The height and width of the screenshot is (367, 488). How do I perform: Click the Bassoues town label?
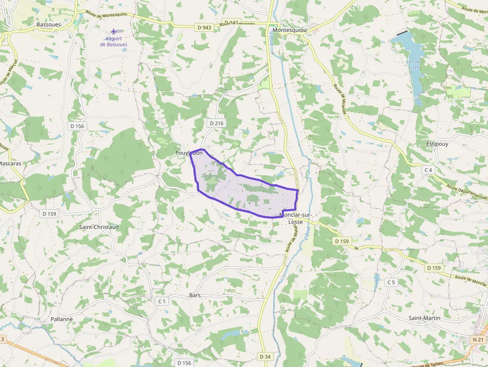(x=48, y=24)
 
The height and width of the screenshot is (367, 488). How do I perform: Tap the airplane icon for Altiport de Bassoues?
(x=114, y=31)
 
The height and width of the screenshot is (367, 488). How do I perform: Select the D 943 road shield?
(x=204, y=27)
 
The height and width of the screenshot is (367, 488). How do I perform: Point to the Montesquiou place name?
(x=290, y=30)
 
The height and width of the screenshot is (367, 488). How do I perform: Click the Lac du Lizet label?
(x=414, y=65)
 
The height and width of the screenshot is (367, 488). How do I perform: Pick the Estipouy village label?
(x=437, y=144)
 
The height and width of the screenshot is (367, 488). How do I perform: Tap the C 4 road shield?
(x=428, y=170)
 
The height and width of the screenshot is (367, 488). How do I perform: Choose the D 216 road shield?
(x=216, y=123)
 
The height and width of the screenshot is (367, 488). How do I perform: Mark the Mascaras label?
(x=10, y=163)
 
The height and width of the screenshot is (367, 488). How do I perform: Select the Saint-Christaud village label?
(x=99, y=227)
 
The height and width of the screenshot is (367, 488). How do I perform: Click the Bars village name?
(x=195, y=295)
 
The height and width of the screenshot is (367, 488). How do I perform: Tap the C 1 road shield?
(x=161, y=301)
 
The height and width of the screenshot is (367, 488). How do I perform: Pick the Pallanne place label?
(x=62, y=319)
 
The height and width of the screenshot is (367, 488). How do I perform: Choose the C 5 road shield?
(x=391, y=282)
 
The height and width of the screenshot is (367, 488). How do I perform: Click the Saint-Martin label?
(x=424, y=318)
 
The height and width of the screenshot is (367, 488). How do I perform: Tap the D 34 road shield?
(x=265, y=357)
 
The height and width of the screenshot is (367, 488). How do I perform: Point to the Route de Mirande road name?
(x=340, y=99)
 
